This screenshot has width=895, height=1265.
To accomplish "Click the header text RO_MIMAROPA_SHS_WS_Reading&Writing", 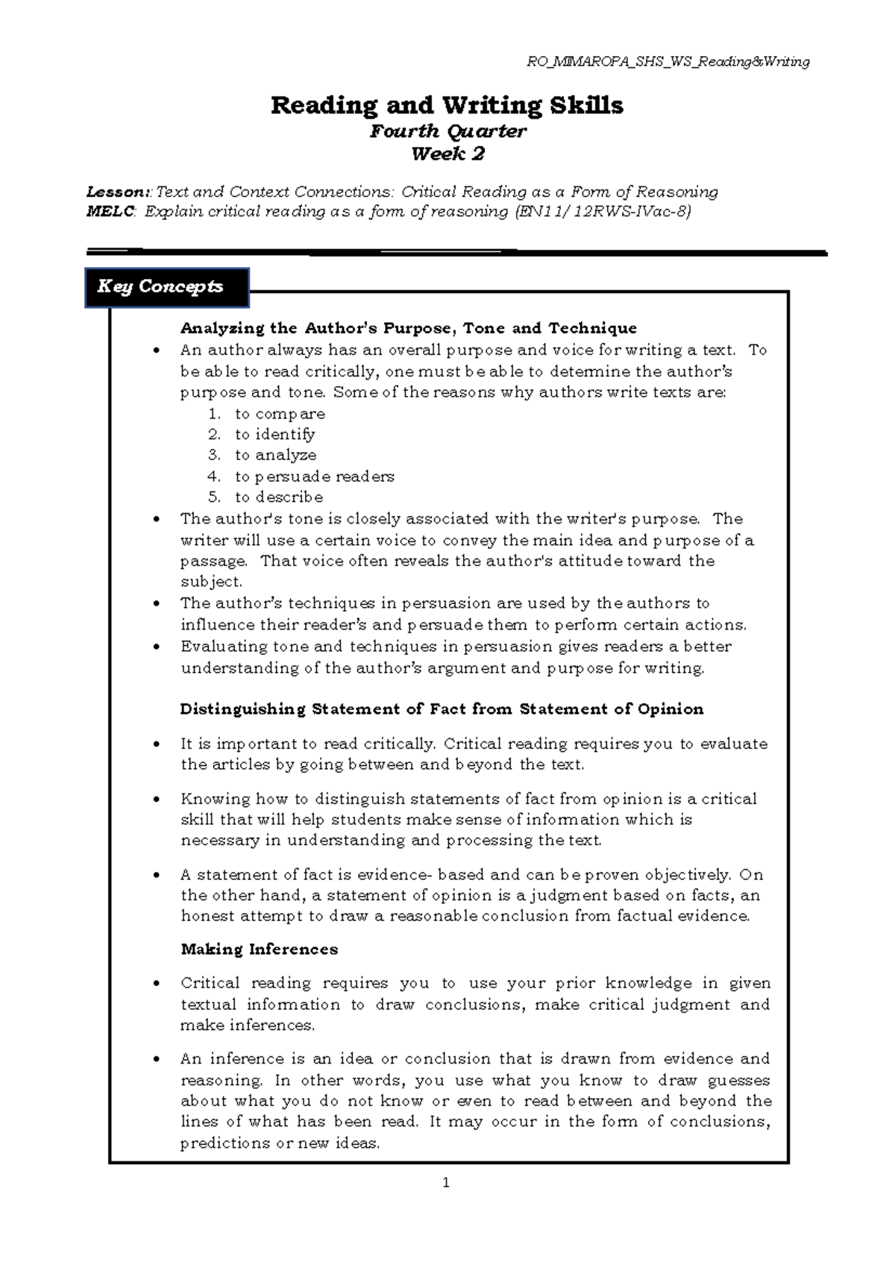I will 668,62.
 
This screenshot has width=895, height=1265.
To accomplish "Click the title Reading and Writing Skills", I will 447,105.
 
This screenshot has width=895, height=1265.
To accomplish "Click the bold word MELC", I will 110,212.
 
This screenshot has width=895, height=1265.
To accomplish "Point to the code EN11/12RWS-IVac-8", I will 603,212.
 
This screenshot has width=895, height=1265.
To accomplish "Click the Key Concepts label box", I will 167,287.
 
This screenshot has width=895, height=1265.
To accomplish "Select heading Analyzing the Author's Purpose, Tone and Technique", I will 408,328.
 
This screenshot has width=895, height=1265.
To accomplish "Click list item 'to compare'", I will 280,414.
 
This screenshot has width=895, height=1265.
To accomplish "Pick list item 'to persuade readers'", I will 314,477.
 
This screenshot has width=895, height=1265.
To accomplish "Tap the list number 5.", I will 215,497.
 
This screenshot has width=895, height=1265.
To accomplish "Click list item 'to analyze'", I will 275,455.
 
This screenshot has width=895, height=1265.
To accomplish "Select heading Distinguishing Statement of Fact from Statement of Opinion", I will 442,709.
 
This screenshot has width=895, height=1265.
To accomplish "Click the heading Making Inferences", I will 259,949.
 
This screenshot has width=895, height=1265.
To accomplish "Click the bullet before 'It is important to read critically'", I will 156,744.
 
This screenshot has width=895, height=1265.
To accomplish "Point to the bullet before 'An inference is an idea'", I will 156,1060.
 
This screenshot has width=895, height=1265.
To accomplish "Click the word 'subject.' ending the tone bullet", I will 211,582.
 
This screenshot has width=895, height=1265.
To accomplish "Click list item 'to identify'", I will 274,434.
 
